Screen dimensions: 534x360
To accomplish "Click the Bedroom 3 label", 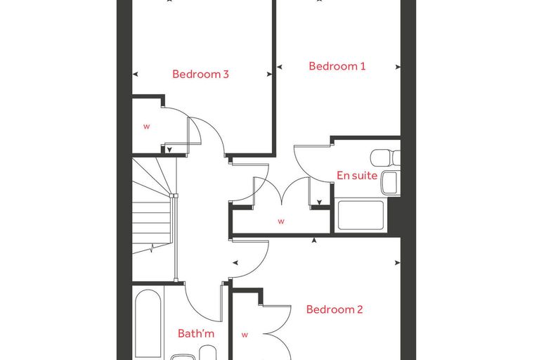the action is (x=200, y=74).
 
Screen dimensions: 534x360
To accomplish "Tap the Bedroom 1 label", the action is (x=337, y=66).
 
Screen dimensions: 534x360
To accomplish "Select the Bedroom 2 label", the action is (x=334, y=309).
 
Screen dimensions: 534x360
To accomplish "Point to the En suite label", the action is (x=357, y=175).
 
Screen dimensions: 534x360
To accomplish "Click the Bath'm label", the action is (x=196, y=333).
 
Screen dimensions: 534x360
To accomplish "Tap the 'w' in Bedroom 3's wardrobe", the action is (x=146, y=127).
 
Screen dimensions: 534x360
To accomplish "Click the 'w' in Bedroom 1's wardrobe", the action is (x=281, y=221).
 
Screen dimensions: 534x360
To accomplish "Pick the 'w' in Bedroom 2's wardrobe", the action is (x=245, y=335).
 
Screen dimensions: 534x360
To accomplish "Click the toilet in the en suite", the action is (x=385, y=157).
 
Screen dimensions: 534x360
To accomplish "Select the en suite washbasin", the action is (x=389, y=183).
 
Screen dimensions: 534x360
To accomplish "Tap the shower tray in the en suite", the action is (x=360, y=215).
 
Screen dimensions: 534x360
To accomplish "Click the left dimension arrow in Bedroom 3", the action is (x=135, y=74).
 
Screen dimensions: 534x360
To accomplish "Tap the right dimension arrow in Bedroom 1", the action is (x=398, y=67).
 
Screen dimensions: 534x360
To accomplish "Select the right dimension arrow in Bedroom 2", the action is (x=398, y=263).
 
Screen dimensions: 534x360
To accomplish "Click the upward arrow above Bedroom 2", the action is (x=314, y=240).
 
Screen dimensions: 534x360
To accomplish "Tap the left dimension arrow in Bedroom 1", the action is (x=279, y=67).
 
